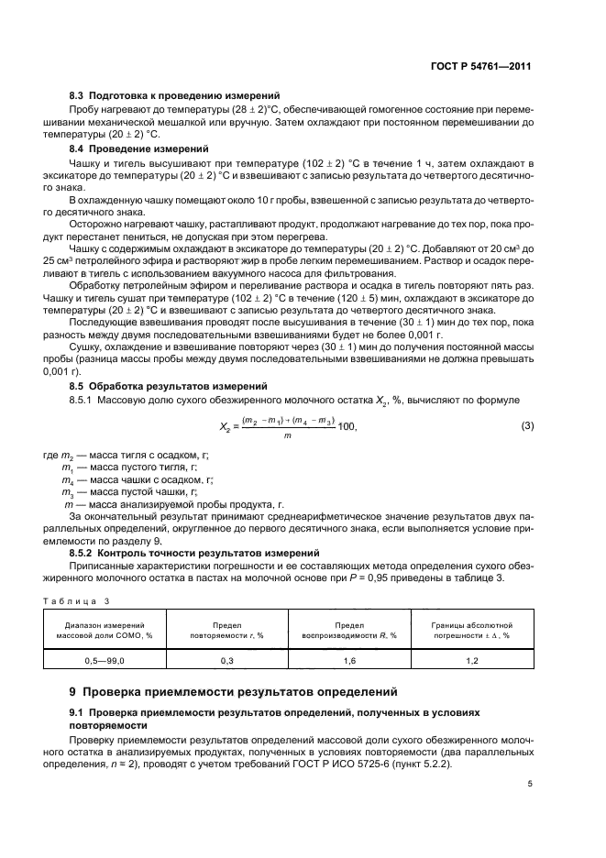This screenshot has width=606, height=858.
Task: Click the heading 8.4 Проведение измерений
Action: click(x=140, y=148)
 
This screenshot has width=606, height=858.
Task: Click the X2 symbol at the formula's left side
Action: click(x=226, y=428)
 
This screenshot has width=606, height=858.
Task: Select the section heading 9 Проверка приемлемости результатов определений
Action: click(x=230, y=693)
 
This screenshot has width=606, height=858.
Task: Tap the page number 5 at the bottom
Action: click(x=530, y=784)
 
